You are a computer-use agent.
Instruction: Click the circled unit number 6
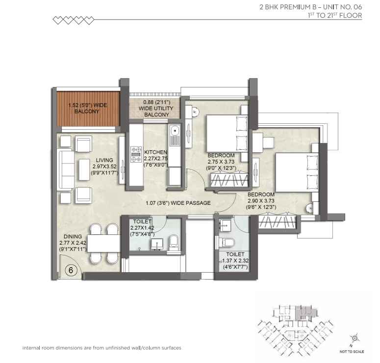click(x=71, y=270)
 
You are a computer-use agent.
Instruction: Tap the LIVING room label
click(x=105, y=160)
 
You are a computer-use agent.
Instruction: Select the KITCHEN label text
click(x=155, y=152)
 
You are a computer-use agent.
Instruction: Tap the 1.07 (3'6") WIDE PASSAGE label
click(x=178, y=203)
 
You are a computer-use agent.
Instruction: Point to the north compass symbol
click(x=353, y=338)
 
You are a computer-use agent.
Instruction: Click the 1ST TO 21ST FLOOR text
click(x=333, y=16)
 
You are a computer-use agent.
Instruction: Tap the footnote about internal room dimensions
click(x=102, y=348)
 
